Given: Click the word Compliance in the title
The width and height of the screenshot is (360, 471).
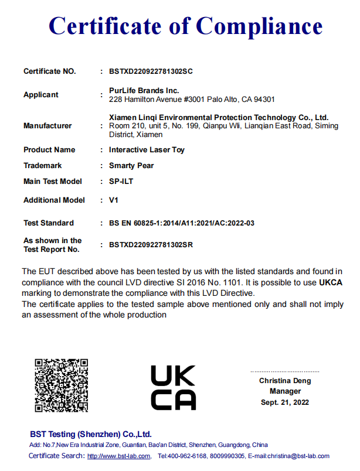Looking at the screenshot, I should pos(259,26).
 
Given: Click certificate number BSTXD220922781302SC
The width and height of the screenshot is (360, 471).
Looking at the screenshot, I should pos(151,71).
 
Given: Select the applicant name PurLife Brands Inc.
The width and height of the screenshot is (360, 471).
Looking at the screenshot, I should pos(144,91).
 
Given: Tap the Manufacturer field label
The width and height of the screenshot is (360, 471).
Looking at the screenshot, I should pos(47,126).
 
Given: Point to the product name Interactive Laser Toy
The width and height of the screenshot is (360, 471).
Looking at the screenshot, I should pos(147,150).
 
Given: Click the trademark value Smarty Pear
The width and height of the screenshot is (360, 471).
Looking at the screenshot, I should pos(131,166).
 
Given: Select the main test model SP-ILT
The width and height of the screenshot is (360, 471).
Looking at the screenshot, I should pos(121,182).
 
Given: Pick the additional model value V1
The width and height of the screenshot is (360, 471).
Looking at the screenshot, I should pos(114,200).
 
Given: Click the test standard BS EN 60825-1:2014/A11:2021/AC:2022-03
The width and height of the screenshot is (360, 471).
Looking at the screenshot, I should pos(181,223).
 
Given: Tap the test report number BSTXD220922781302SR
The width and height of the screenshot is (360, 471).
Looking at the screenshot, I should pos(151,245).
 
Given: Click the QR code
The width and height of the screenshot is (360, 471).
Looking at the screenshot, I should pos(61,385).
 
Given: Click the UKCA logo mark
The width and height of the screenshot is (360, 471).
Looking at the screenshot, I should pos(173,387).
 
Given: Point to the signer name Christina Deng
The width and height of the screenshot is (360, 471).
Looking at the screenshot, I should pos(285,381).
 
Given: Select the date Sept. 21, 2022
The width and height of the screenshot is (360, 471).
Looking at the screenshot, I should pos(285,402).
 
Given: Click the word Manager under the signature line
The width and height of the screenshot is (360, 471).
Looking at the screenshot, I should pos(285,391).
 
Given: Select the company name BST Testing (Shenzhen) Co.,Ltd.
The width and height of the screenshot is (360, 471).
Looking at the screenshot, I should pos(91,434).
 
